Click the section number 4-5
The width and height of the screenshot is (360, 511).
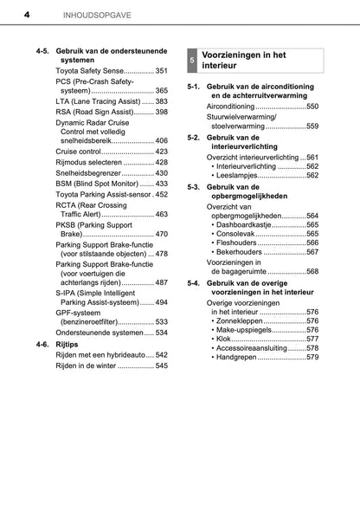(x=42, y=54)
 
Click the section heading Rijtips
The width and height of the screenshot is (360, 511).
(x=69, y=344)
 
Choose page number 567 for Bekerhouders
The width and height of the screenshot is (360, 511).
(x=308, y=253)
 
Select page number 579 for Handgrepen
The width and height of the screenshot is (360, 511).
(x=308, y=358)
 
